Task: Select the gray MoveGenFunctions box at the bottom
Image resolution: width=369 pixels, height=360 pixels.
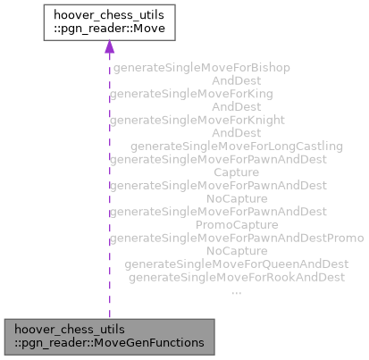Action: [109, 334]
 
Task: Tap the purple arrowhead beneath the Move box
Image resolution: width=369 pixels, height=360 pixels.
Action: [109, 48]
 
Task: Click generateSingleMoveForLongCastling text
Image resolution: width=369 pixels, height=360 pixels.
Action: [237, 146]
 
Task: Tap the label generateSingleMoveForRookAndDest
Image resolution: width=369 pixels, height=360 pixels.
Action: [236, 278]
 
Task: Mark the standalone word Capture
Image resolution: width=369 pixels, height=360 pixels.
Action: [236, 172]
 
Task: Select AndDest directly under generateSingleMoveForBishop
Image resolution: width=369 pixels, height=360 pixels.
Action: [236, 80]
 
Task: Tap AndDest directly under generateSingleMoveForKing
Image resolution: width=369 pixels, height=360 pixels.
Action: [236, 106]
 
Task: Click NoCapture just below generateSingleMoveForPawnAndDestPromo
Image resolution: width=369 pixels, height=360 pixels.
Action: [236, 252]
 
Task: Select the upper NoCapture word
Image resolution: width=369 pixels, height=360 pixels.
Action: [236, 198]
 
